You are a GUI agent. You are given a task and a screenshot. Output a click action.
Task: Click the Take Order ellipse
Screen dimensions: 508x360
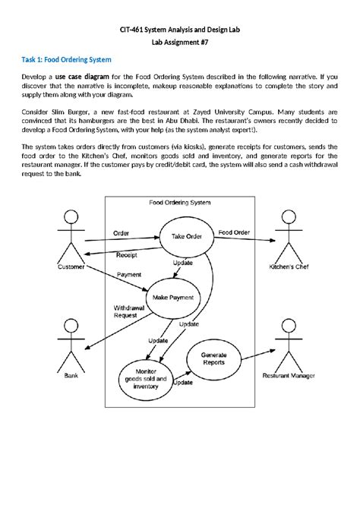tap(186, 236)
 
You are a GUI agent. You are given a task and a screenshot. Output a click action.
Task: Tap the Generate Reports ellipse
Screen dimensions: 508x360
tap(213, 358)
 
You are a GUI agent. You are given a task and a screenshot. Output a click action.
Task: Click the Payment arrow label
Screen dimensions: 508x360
tap(128, 274)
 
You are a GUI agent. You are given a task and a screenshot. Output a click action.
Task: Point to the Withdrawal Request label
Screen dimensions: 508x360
tap(125, 311)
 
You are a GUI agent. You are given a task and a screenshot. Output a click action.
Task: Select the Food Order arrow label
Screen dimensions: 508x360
tap(234, 232)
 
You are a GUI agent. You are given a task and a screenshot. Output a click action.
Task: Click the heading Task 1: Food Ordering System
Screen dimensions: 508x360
tap(66, 58)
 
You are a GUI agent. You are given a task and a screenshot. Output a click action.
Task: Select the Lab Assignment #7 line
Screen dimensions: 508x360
tap(180, 43)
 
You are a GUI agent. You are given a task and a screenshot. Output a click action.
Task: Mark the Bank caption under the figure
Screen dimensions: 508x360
tap(71, 376)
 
